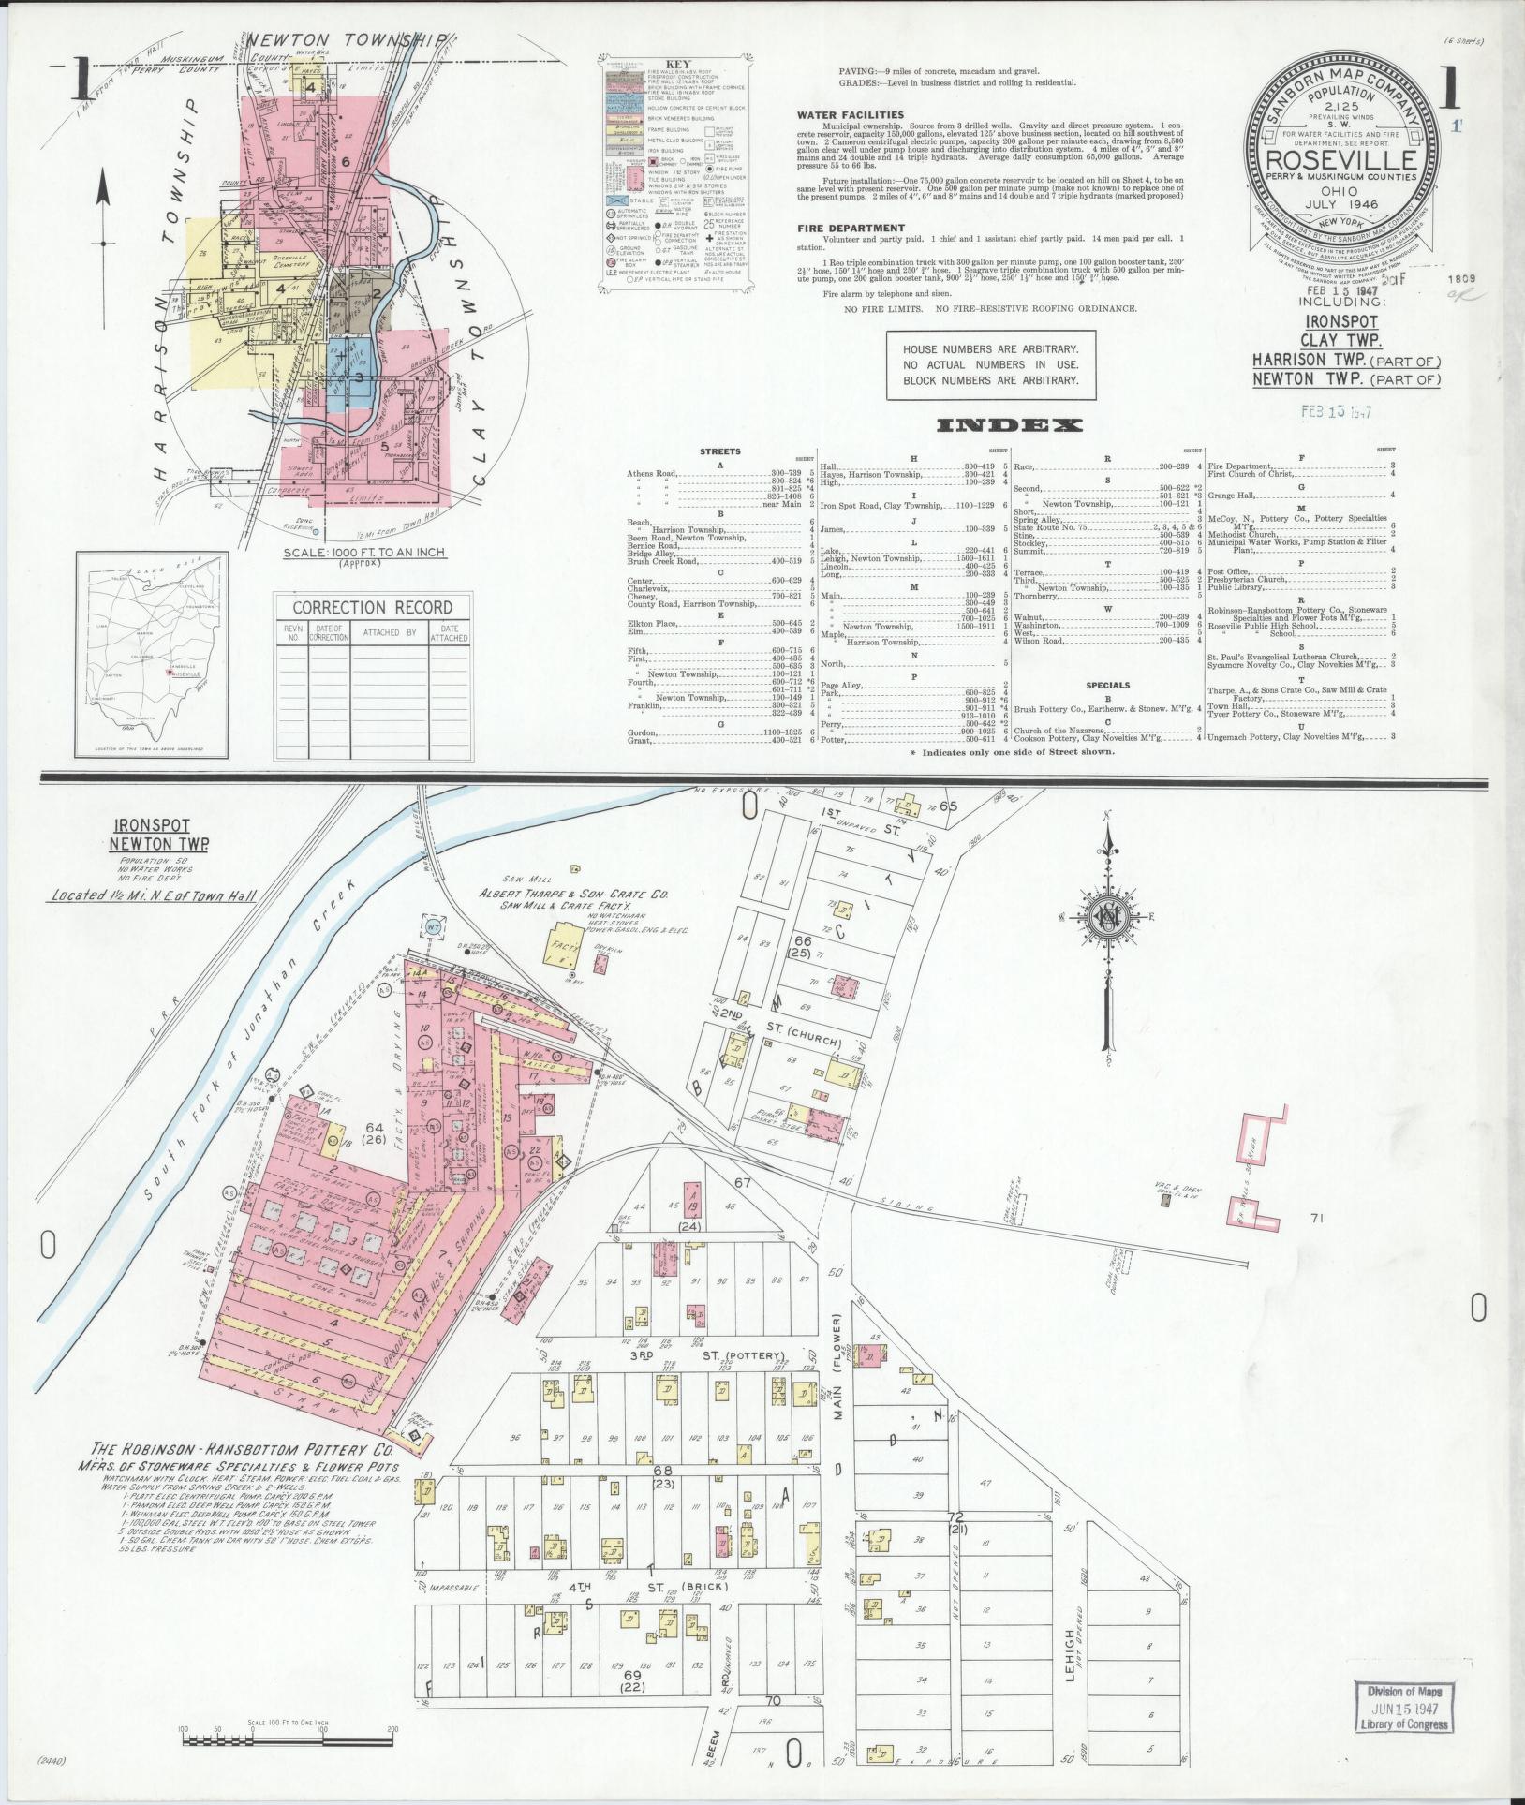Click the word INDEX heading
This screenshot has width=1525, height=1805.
1010,425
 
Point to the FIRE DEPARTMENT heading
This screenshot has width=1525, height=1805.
851,228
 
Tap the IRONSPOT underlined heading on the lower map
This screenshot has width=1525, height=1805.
152,826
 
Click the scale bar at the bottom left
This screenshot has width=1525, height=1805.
289,1740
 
